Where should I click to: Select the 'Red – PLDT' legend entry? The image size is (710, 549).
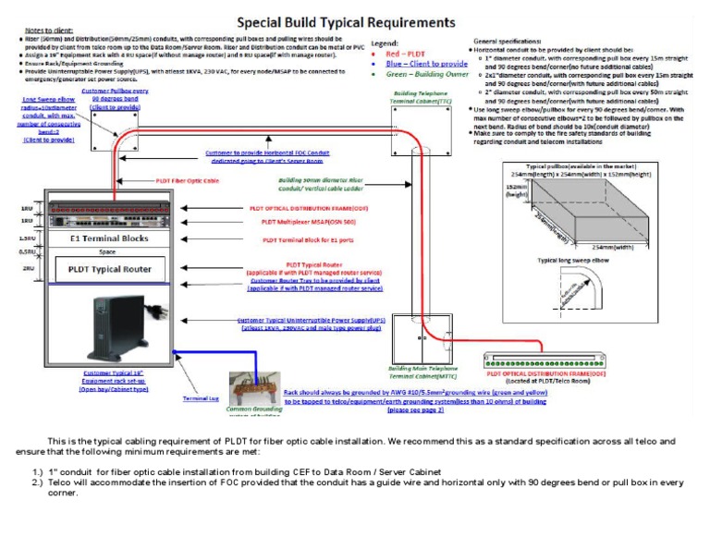[404, 55]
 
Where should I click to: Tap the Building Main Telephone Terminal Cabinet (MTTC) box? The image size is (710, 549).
[418, 339]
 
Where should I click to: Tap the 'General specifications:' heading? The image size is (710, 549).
[508, 43]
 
